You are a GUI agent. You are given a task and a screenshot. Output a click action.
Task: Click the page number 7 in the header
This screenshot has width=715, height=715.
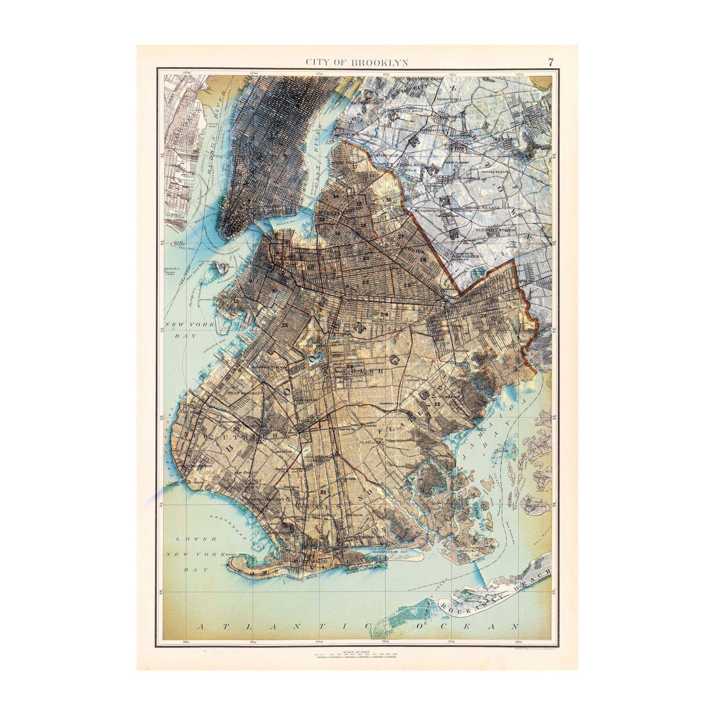pos(551,62)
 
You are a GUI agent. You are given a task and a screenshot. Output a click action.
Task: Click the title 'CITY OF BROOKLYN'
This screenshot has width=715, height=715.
pos(357,62)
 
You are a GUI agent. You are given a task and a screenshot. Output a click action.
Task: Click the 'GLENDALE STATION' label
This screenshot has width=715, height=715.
pos(496,230)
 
